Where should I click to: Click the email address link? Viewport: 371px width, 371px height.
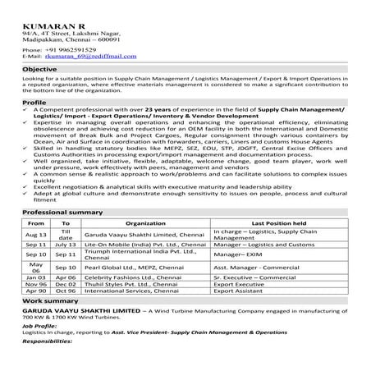(86, 56)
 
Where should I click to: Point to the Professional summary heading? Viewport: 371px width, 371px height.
(60, 211)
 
